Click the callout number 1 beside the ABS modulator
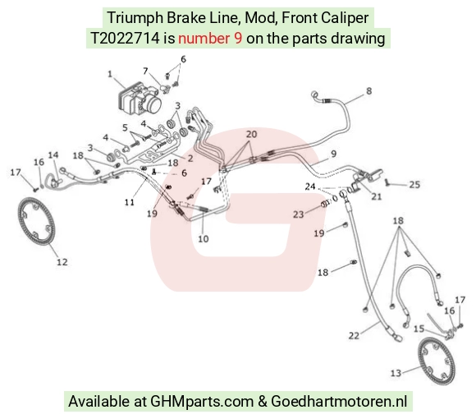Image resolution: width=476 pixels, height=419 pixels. tap(110, 74)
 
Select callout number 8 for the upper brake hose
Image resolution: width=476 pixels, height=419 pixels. tap(368, 91)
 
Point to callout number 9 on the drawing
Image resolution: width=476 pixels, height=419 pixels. tap(334, 154)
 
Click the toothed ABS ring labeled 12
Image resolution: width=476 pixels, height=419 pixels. tap(36, 221)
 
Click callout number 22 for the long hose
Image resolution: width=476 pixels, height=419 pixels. tap(354, 336)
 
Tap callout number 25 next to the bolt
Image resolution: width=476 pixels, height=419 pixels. tap(414, 184)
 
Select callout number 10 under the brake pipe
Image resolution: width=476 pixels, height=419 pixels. tap(203, 239)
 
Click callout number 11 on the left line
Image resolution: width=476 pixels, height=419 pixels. tap(130, 202)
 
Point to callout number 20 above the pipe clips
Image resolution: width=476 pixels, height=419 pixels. tap(251, 134)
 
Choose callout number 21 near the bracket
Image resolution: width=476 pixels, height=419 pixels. tap(377, 196)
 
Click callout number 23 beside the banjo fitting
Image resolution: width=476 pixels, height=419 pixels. tap(299, 214)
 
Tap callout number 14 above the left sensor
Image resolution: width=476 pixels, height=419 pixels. tap(53, 155)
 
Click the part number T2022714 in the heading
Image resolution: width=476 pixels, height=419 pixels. tap(125, 39)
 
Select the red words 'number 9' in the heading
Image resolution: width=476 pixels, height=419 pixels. tap(210, 39)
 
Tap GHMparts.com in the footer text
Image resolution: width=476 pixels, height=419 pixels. tap(202, 402)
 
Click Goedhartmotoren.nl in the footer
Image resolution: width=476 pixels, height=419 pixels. tap(339, 402)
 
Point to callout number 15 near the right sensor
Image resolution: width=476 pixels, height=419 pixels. tap(419, 329)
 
